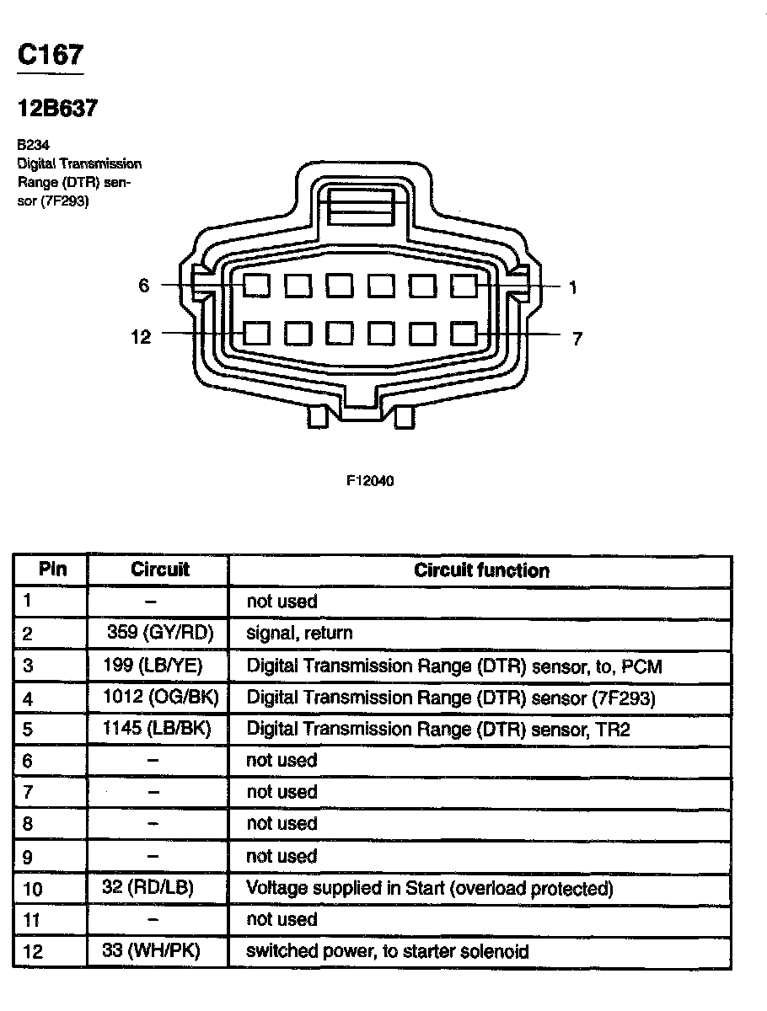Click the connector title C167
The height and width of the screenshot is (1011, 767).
51,56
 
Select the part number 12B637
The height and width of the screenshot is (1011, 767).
58,109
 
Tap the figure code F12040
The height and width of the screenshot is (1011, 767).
370,481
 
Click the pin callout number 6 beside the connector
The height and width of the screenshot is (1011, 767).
144,286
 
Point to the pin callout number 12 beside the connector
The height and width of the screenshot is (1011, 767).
141,337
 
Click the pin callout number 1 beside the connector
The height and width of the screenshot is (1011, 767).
573,288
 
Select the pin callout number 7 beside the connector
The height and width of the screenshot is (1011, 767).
577,339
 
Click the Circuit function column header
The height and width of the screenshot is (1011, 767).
481,570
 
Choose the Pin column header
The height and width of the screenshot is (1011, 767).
52,569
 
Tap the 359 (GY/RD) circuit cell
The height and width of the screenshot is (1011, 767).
160,632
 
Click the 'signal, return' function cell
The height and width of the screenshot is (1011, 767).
299,633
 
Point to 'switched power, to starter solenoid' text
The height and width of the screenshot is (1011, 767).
388,951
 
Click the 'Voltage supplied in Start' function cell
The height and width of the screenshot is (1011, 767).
429,888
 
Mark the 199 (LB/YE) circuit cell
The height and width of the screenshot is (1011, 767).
158,665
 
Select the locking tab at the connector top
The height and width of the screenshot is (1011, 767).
361,206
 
